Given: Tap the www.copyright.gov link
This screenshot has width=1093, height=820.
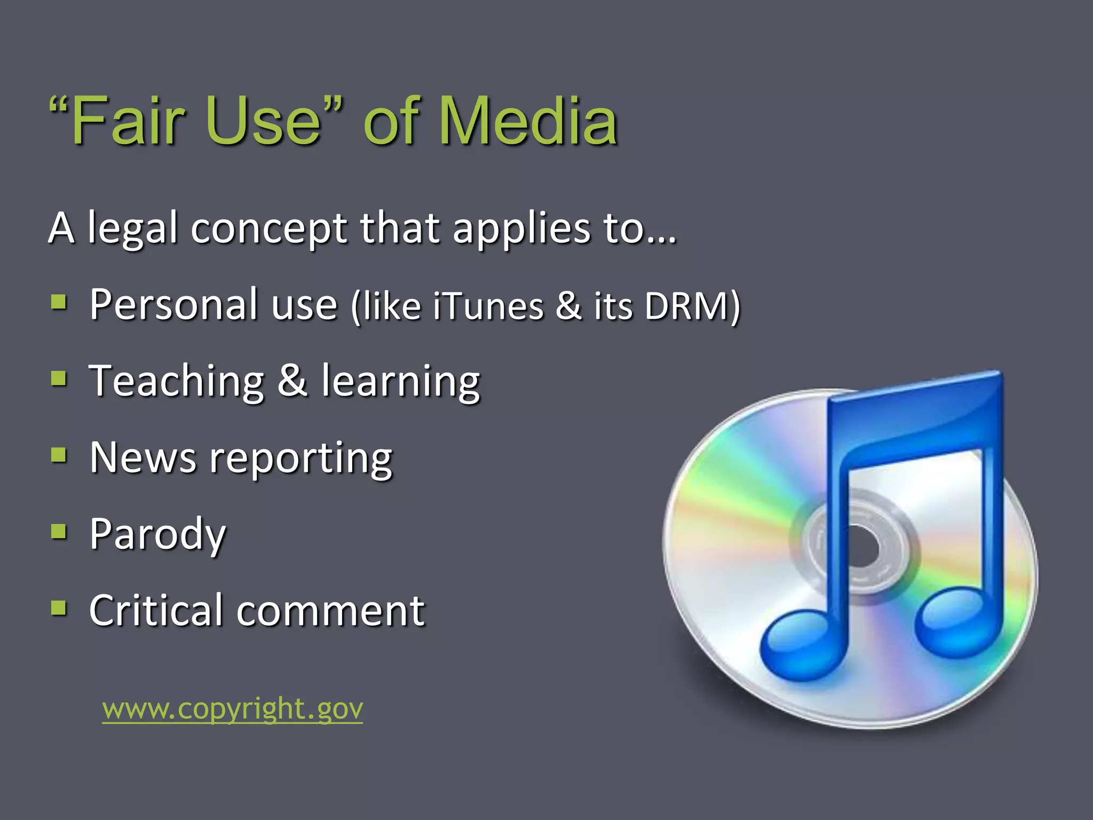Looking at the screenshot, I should pyautogui.click(x=233, y=709).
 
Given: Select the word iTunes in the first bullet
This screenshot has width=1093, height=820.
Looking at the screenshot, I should pyautogui.click(x=488, y=306).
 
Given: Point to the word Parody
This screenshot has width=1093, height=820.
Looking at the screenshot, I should pyautogui.click(x=158, y=534).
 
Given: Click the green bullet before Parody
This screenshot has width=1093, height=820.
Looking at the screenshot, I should pyautogui.click(x=59, y=532).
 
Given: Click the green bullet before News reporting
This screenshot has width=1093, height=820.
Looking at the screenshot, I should pyautogui.click(x=59, y=455).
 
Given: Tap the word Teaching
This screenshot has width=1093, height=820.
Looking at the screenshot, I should pyautogui.click(x=177, y=381).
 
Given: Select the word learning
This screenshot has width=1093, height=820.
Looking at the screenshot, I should pyautogui.click(x=400, y=381).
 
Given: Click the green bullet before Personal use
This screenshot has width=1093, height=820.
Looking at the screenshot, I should pyautogui.click(x=59, y=303).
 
